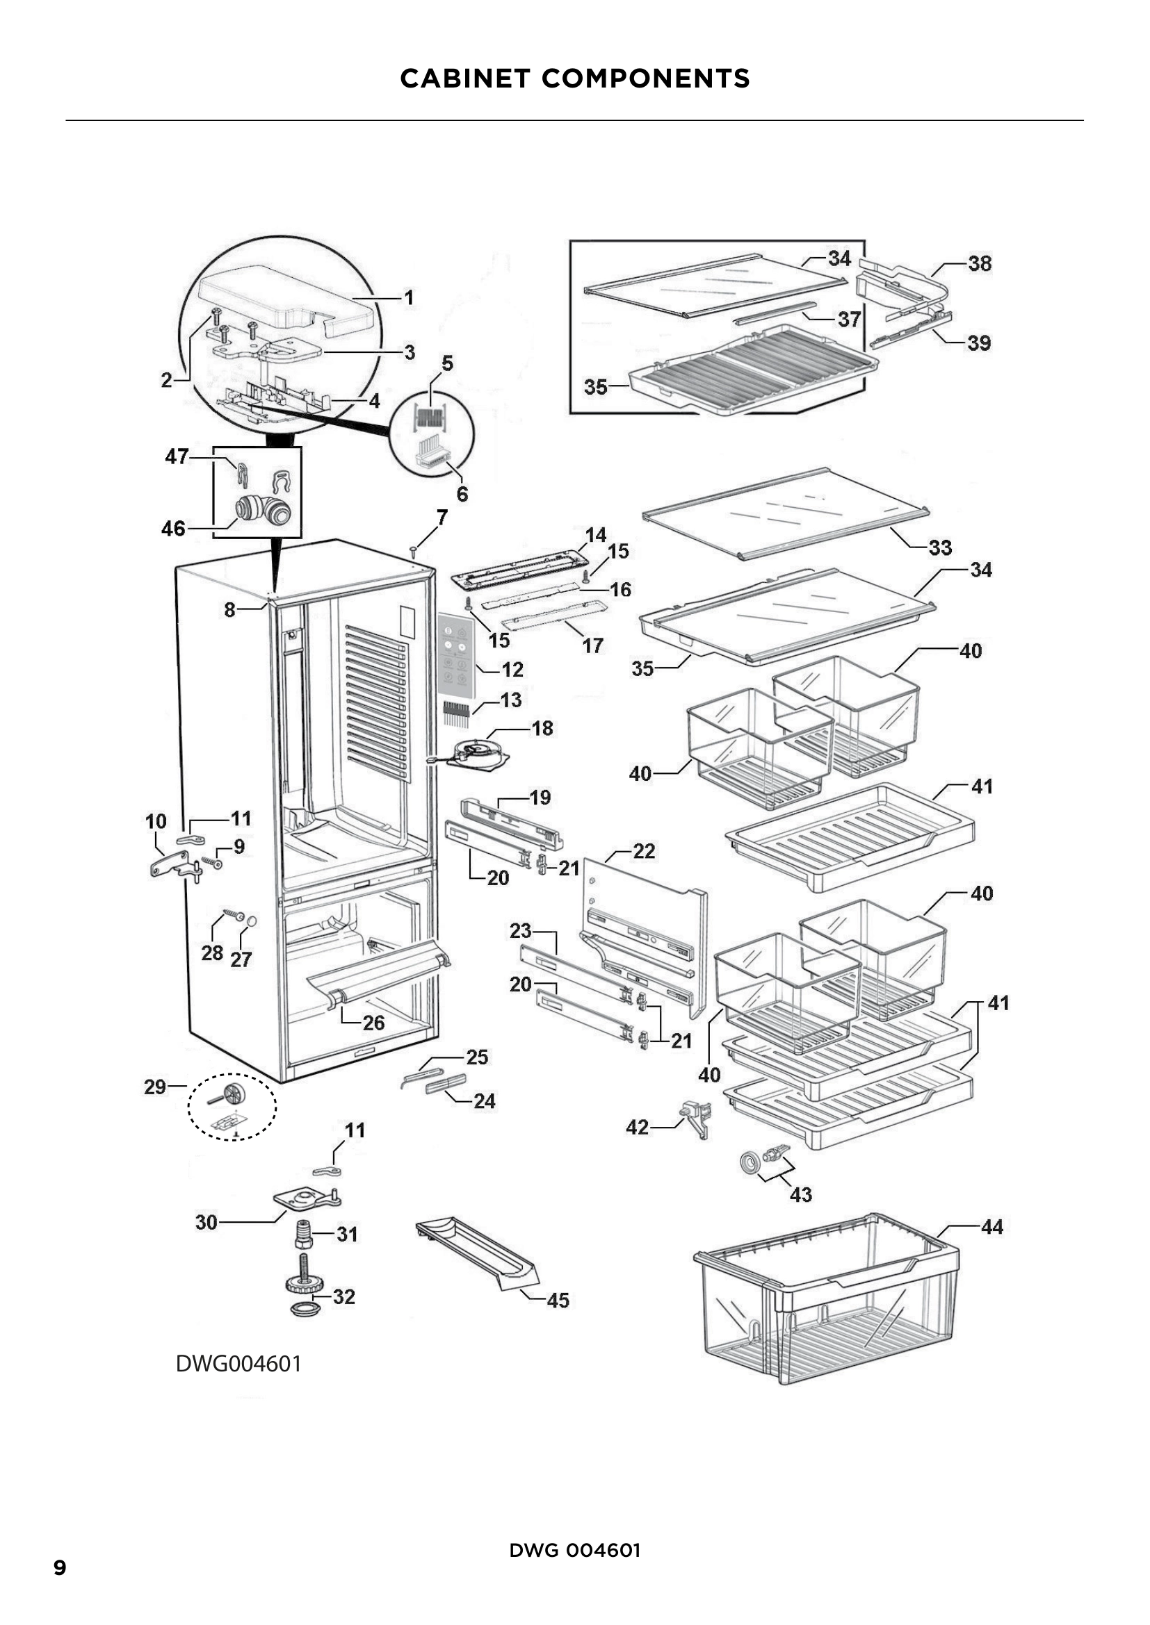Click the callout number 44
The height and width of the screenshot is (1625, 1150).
991,1226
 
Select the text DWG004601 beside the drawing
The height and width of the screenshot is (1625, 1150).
238,1363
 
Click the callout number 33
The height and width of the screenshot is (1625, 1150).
940,547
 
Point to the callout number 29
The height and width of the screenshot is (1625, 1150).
155,1087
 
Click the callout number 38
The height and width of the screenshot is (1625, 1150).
980,263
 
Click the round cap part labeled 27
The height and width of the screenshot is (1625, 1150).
251,921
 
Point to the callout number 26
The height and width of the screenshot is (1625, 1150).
373,1023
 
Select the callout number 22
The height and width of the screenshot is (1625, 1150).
643,851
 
